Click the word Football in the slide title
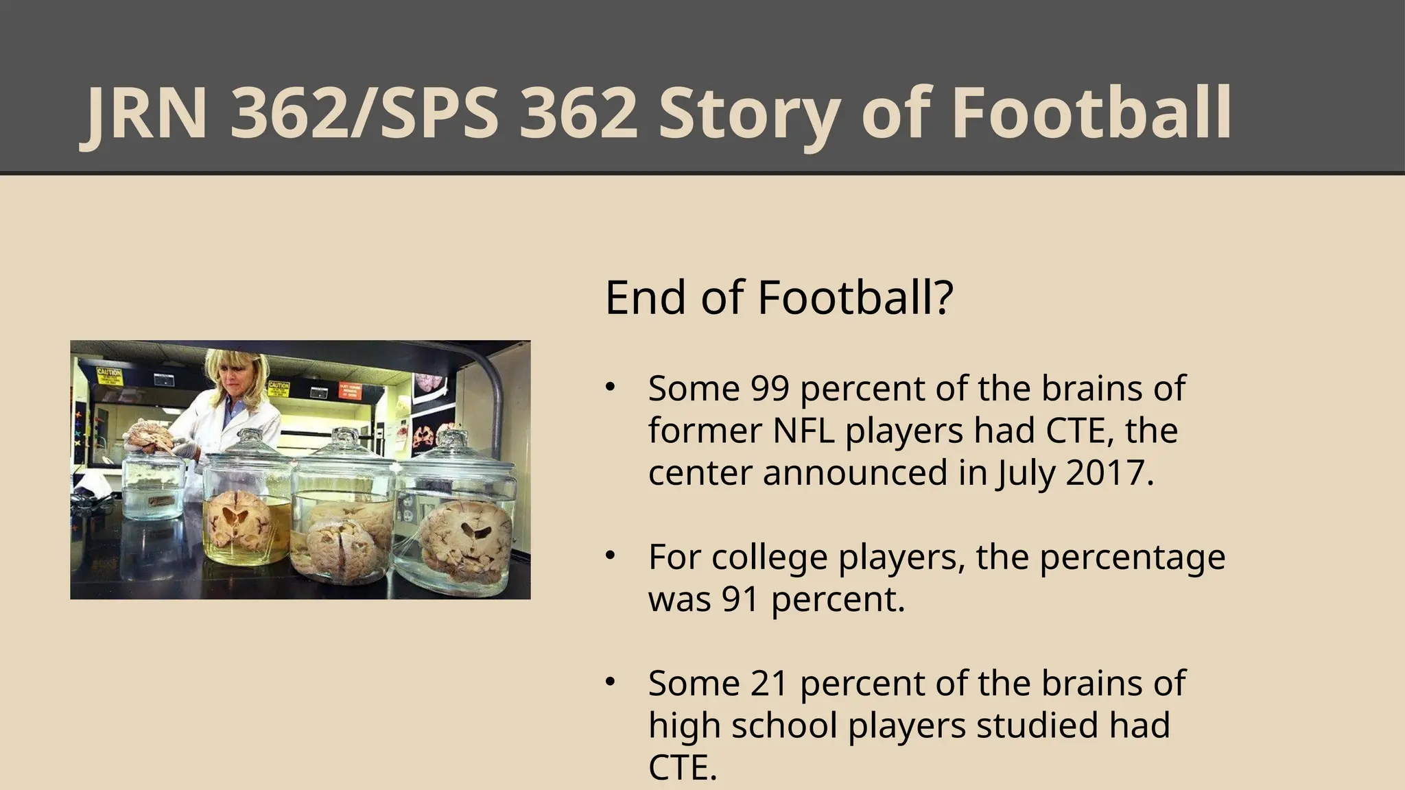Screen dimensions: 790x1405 pos(1091,113)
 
